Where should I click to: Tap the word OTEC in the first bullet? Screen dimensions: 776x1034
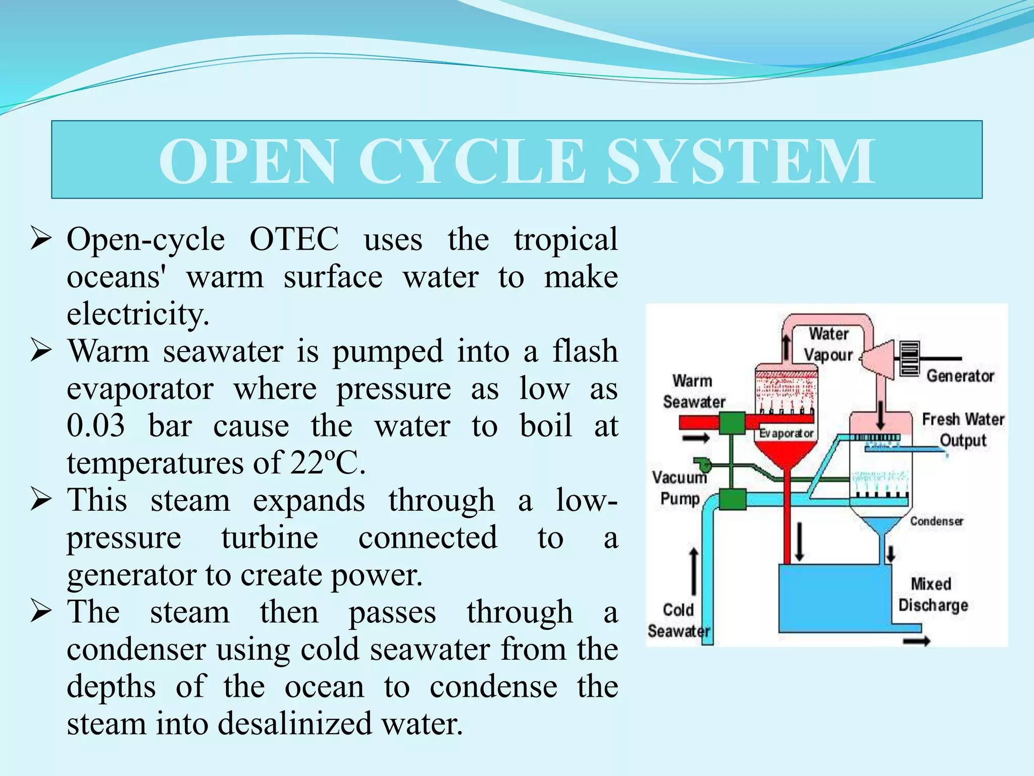(x=294, y=239)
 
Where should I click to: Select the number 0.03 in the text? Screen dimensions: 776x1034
(x=95, y=426)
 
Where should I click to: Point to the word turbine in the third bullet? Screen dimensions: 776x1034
(x=270, y=538)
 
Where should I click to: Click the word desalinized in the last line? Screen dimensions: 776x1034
(x=295, y=724)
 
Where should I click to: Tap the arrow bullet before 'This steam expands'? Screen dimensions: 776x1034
(x=41, y=500)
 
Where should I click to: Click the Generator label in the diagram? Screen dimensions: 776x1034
(x=960, y=376)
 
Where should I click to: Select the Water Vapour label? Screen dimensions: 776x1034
(x=828, y=345)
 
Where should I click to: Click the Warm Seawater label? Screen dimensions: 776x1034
(x=693, y=392)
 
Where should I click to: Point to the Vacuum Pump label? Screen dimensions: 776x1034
(x=679, y=488)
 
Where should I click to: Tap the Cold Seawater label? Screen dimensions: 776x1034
(x=678, y=620)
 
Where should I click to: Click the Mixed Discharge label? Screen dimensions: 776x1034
(x=933, y=595)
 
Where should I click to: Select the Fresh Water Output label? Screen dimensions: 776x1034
(x=962, y=430)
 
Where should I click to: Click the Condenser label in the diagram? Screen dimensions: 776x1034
(x=936, y=521)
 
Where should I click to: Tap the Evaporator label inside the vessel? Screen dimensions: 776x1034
(x=786, y=433)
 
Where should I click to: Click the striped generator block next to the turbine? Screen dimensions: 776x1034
(x=909, y=359)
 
